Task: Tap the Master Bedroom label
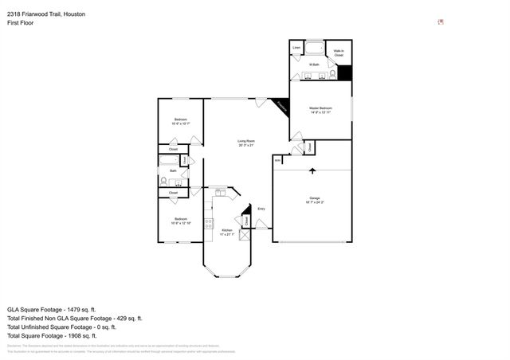[320, 109]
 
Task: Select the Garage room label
[314, 200]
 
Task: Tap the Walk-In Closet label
[338, 53]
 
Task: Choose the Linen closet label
[296, 48]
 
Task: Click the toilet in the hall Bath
[164, 182]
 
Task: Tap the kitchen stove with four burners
[208, 225]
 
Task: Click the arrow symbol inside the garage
[312, 171]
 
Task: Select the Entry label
[261, 209]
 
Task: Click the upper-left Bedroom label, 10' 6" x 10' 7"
[180, 121]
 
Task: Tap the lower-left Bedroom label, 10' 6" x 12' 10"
[180, 221]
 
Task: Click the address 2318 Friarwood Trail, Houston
[46, 14]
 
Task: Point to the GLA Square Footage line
[51, 308]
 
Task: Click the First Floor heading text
[20, 23]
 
